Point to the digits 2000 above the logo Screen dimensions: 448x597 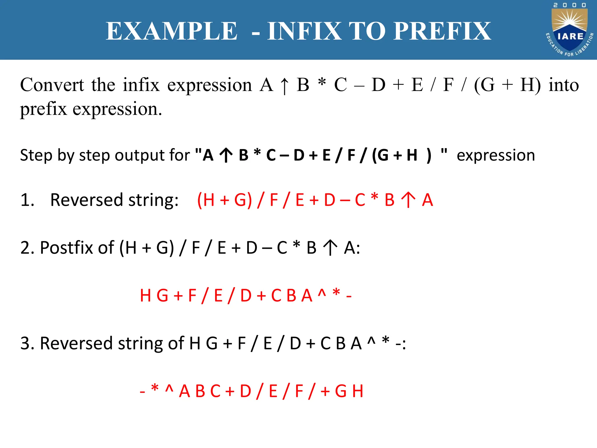tap(570, 5)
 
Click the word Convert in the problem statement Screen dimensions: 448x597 tap(52, 85)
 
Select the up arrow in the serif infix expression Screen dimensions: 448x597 tap(285, 86)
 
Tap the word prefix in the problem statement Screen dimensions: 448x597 tap(43, 109)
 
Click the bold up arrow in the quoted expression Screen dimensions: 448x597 tap(226, 155)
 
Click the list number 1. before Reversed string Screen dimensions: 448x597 tap(27, 200)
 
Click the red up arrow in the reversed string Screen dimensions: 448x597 tap(408, 200)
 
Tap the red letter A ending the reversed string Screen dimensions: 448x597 tap(427, 200)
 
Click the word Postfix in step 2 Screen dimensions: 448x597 tap(77, 248)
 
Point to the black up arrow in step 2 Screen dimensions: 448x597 tap(330, 248)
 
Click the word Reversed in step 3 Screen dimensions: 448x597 tap(76, 343)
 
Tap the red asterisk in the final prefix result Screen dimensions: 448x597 tap(155, 388)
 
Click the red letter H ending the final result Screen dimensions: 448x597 tap(358, 391)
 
